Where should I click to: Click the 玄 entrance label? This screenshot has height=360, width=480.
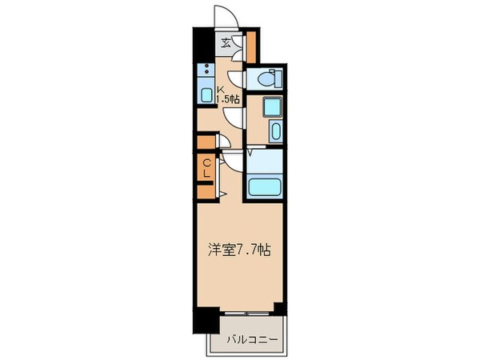coord(226,44)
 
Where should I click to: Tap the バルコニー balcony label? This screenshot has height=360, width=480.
coord(250,339)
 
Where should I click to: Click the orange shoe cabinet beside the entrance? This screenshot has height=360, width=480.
coord(250,46)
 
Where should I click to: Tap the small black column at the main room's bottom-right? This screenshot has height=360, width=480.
coord(278,307)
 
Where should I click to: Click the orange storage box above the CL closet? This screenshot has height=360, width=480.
coord(206,143)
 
